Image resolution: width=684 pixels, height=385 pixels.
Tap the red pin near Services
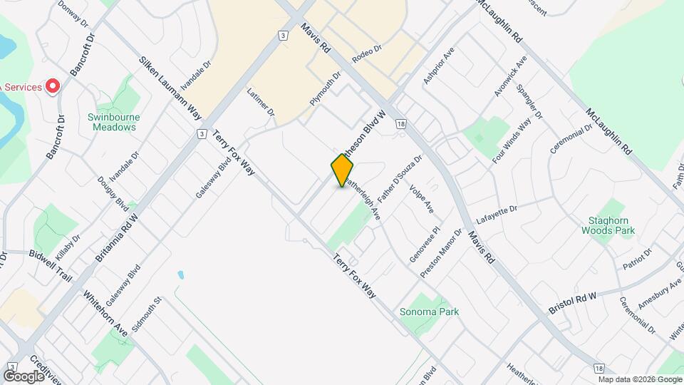[x=52, y=86]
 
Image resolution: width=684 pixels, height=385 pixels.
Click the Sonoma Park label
[x=429, y=312]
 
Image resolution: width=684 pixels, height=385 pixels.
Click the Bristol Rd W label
[x=572, y=303]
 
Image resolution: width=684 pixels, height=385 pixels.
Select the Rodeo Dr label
[x=368, y=53]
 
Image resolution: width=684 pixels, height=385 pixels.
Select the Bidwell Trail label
[x=51, y=265]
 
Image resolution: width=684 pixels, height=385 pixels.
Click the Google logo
[x=24, y=376]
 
